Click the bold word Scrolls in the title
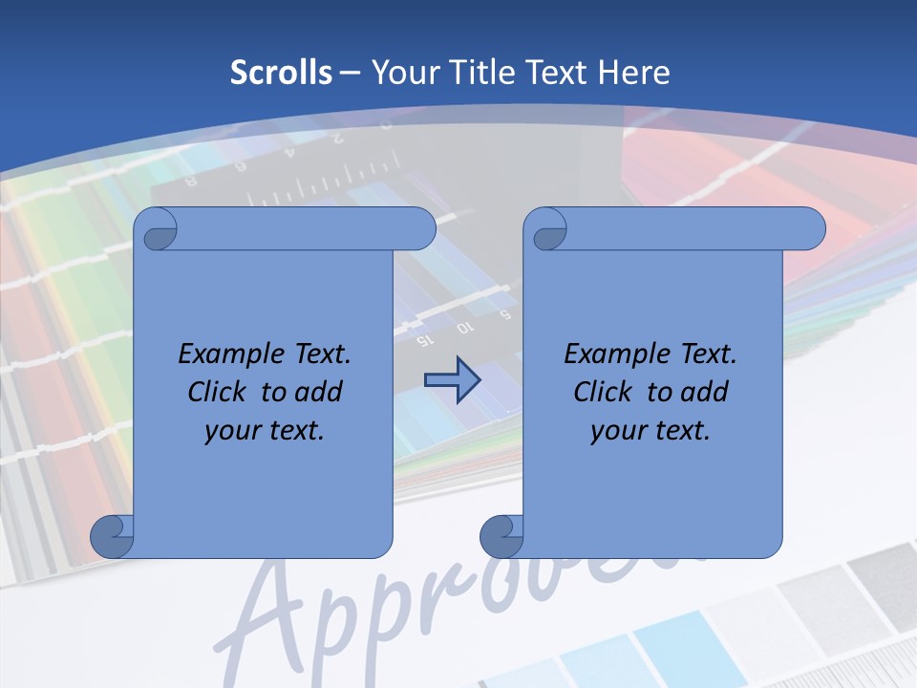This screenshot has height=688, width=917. [x=282, y=73]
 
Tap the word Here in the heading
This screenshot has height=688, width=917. [x=633, y=73]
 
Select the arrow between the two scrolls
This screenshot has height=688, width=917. [x=452, y=380]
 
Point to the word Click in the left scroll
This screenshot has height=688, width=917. [x=219, y=392]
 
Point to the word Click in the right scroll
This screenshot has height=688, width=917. [x=604, y=392]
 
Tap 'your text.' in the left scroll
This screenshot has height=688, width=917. [x=265, y=431]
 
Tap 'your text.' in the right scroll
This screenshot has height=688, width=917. [x=650, y=431]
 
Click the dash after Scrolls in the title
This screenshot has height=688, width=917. [x=351, y=73]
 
